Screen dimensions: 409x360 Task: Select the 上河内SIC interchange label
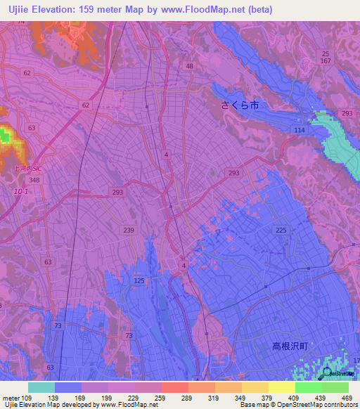(27, 169)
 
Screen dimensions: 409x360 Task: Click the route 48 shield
(189, 66)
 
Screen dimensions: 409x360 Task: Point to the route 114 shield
(300, 131)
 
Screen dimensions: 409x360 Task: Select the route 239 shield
(129, 231)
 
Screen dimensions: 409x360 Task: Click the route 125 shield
(139, 280)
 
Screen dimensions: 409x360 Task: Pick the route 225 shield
(281, 231)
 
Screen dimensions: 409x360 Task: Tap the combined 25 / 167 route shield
(325, 58)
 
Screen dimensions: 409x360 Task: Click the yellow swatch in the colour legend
(281, 387)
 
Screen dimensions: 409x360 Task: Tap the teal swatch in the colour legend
(41, 387)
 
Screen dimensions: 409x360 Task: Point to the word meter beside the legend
(10, 398)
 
